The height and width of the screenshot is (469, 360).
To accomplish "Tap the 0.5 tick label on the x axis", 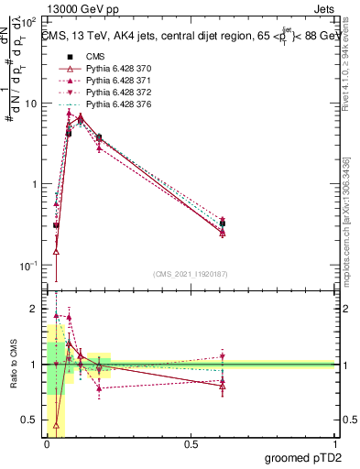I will (x=191, y=442).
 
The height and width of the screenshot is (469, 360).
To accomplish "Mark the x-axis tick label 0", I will (x=47, y=442).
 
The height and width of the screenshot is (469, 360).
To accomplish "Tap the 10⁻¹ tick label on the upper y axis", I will (x=29, y=265).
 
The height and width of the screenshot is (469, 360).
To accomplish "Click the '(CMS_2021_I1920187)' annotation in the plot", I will (x=191, y=273).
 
